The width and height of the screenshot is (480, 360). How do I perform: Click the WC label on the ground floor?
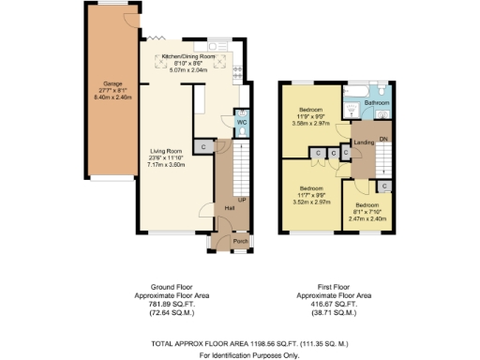coord(241,122)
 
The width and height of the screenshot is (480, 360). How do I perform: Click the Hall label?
coord(229,207)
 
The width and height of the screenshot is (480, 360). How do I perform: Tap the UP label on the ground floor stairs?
coord(243,200)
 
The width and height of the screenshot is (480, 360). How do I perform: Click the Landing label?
coord(364,142)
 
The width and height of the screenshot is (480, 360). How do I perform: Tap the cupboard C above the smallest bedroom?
coord(385,187)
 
